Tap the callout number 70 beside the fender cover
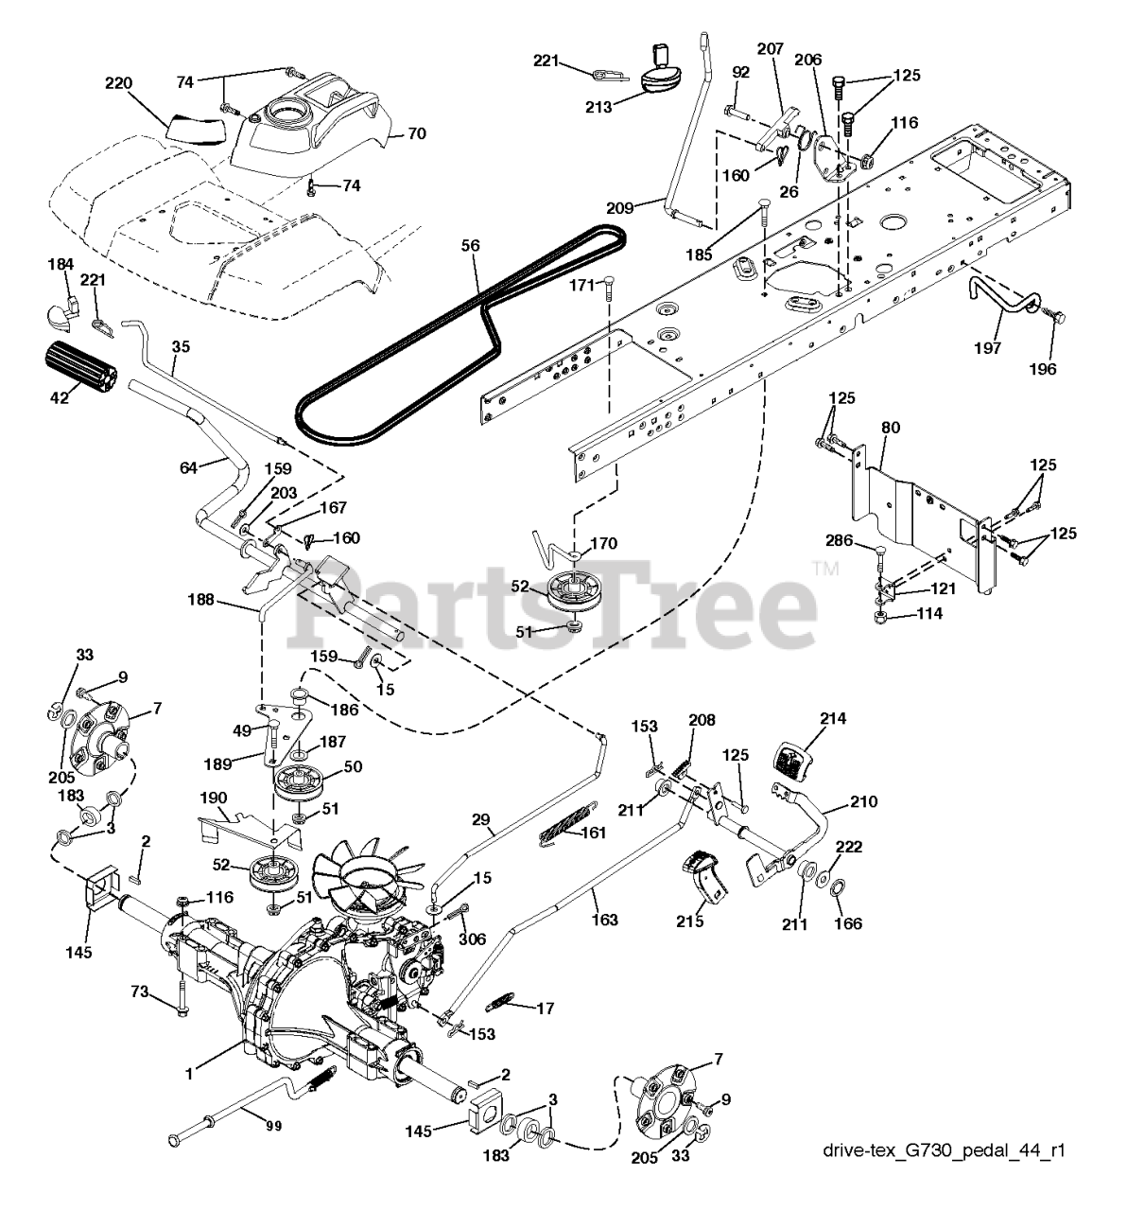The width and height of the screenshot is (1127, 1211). click(416, 134)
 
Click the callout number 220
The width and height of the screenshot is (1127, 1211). click(119, 83)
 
